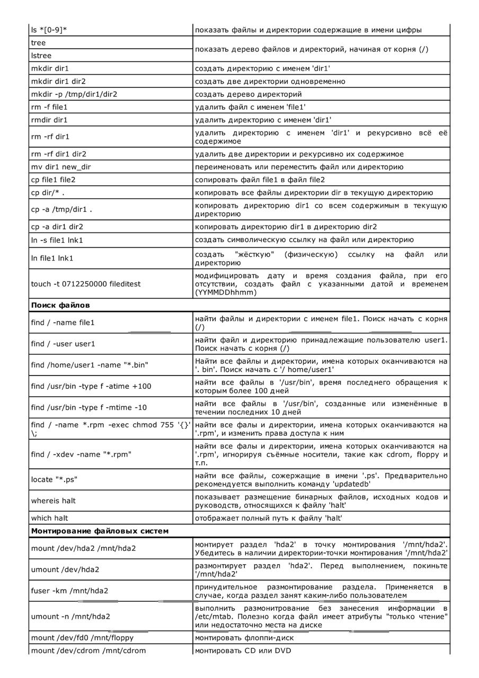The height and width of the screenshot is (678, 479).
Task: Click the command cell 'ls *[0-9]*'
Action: point(49,30)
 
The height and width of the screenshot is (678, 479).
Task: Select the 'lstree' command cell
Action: point(41,56)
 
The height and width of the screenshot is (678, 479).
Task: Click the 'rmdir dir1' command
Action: point(49,120)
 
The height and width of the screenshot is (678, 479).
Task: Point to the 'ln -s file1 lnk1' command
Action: point(57,240)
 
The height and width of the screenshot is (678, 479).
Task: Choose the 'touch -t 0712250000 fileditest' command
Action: point(86,284)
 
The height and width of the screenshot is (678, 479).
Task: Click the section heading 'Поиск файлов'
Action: point(60,305)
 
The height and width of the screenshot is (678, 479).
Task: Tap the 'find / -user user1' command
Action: point(63,344)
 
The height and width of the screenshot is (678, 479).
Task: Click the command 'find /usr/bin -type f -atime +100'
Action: point(91,386)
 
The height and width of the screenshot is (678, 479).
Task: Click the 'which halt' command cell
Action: point(49,518)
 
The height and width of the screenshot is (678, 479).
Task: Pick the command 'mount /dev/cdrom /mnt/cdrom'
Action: point(88,650)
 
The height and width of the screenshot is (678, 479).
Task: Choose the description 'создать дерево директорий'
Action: point(249,94)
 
